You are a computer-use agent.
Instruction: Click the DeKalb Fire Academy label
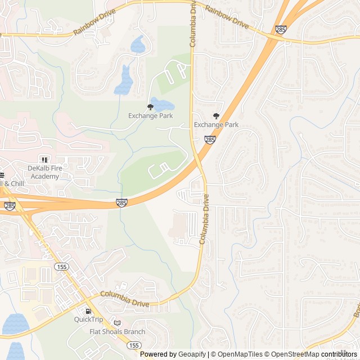43,172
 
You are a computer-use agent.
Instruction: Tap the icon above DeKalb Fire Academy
44,160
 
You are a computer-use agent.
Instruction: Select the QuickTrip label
88,319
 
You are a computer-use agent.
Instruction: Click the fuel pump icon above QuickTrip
88,311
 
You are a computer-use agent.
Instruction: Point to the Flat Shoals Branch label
117,331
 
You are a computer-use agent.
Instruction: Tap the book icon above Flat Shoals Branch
117,323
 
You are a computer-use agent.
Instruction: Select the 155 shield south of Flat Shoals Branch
134,345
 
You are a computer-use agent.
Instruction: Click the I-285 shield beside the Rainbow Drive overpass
281,29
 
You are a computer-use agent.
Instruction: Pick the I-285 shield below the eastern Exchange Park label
209,139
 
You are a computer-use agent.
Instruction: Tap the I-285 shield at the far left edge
10,206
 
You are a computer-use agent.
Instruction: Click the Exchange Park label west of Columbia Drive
150,116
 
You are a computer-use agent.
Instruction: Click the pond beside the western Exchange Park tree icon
162,104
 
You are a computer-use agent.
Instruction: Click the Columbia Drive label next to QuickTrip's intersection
125,299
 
